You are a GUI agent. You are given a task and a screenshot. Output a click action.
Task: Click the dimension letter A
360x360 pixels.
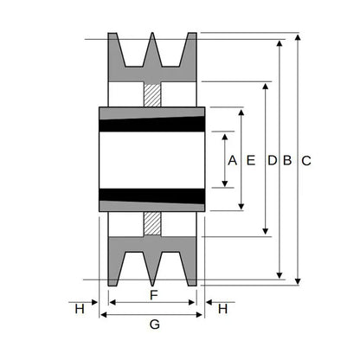[x=232, y=160]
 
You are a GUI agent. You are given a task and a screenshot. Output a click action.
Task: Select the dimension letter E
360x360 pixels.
[x=251, y=160]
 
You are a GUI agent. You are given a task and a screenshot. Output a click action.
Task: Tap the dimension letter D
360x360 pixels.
[x=272, y=160]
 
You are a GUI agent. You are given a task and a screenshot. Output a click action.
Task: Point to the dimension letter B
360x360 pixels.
[x=287, y=160]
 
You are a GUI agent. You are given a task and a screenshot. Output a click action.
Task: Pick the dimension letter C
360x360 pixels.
[x=306, y=161]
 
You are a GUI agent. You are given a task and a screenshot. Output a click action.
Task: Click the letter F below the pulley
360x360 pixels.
[x=154, y=295]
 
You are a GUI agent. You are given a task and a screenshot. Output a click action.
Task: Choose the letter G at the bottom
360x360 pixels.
[x=155, y=325]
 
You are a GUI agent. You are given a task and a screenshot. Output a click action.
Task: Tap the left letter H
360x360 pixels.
[x=80, y=309]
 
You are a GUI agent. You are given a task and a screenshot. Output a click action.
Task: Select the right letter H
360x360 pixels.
[x=222, y=309]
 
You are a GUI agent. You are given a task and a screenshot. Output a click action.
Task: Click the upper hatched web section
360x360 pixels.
[x=152, y=94]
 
